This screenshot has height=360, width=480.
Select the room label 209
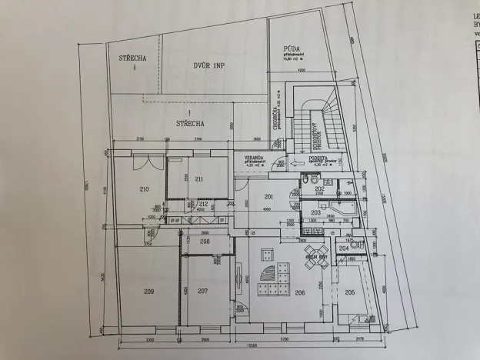click(149, 291)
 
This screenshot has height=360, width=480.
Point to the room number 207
click(202, 291)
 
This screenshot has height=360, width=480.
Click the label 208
click(205, 242)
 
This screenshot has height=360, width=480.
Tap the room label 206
click(300, 292)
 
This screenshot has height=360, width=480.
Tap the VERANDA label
click(255, 156)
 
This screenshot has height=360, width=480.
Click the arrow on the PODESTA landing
click(297, 162)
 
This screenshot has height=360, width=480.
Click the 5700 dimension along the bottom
click(283, 339)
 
